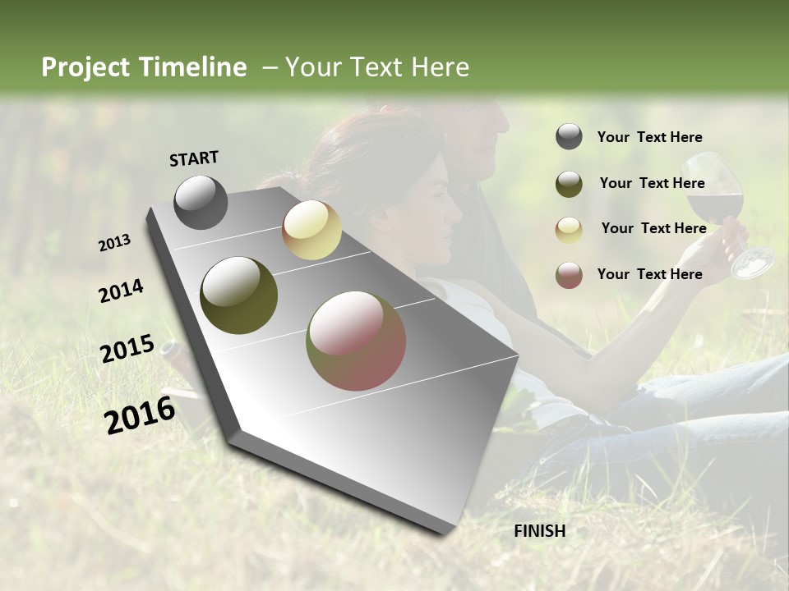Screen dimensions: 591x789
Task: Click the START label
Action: pos(194,158)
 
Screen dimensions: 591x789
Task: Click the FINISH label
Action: pos(539,531)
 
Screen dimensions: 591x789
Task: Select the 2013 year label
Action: pos(114,243)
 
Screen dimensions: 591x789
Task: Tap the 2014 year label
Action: pos(121,291)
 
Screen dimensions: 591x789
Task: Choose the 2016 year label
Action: pos(140,415)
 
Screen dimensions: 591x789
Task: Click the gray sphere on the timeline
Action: pos(201,203)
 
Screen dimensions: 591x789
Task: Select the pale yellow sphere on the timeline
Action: pos(311,230)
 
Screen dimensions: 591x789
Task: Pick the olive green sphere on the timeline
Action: pos(238,295)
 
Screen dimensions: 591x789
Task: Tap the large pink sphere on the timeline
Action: pos(356,341)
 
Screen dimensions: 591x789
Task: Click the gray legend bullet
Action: pos(569,137)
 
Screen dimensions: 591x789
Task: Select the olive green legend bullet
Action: pos(569,183)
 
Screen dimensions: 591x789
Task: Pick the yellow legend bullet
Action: pos(569,229)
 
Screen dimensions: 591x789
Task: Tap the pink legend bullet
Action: pos(569,274)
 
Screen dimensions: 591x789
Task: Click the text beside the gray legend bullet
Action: pos(649,138)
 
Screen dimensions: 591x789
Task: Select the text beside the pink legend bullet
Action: pos(649,274)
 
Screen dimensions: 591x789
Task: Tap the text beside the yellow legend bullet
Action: pos(653,228)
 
